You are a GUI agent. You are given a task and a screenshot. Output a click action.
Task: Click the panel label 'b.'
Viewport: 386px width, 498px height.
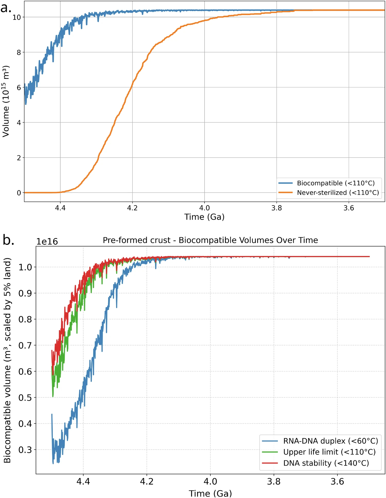click(8, 240)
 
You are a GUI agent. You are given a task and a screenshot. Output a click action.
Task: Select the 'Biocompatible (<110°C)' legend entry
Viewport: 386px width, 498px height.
click(327, 183)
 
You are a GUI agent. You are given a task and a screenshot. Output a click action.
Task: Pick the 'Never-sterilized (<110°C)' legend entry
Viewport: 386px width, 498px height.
click(329, 193)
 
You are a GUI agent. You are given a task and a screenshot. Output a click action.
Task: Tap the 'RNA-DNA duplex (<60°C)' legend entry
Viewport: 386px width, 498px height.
click(320, 441)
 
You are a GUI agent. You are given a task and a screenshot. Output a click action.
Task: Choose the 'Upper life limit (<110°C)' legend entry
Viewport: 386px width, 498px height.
click(319, 452)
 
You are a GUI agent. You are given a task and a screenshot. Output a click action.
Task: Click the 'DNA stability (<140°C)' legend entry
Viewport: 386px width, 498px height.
click(315, 463)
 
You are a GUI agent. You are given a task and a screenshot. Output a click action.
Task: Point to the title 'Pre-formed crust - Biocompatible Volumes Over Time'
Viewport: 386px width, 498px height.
click(210, 240)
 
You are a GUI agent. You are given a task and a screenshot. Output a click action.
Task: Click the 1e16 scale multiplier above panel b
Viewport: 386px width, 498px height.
click(47, 242)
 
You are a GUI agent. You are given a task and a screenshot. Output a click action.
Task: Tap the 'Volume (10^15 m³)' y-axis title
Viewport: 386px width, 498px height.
click(6, 101)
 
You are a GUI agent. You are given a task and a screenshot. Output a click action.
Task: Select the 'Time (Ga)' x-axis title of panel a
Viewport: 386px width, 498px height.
click(204, 217)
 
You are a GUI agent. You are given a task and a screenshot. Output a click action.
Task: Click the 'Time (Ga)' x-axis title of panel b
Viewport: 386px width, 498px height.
click(210, 493)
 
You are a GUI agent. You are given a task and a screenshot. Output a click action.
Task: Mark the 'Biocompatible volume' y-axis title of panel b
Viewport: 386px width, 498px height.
click(7, 360)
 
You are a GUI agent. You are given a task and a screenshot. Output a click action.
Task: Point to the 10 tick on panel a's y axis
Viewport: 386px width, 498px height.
click(17, 17)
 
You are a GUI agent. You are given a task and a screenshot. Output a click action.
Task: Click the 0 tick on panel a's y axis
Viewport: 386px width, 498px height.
click(19, 193)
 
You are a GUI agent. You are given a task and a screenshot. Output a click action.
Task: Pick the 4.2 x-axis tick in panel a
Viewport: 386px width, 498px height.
click(132, 208)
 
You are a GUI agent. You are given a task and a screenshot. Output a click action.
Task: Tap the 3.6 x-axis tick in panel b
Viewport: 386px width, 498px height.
click(337, 481)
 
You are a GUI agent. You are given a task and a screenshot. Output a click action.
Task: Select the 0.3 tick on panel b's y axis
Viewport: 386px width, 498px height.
click(25, 450)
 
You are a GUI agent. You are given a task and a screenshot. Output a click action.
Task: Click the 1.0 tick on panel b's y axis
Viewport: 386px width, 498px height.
click(25, 267)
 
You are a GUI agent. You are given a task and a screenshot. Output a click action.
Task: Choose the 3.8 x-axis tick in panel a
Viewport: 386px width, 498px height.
click(277, 208)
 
